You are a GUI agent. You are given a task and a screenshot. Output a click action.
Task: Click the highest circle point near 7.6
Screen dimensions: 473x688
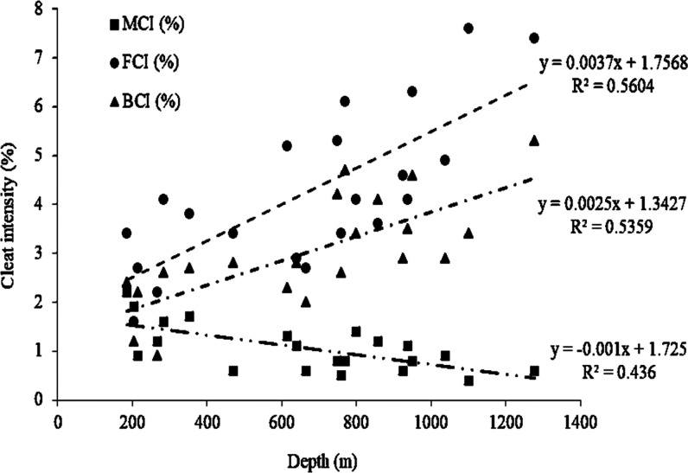(x=468, y=29)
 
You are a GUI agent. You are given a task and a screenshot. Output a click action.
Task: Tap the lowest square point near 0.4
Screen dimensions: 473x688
(x=468, y=380)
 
